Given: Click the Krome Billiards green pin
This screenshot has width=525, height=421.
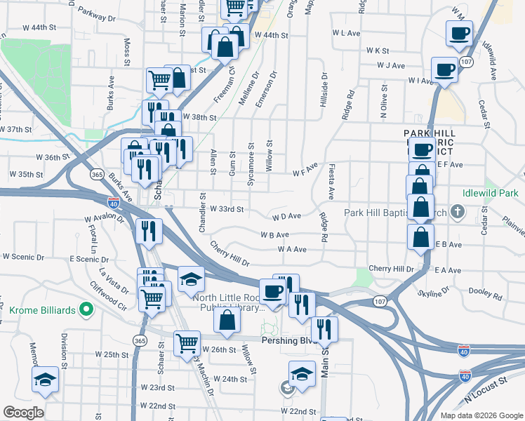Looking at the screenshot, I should pyautogui.click(x=86, y=309).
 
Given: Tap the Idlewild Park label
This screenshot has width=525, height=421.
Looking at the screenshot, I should pyautogui.click(x=491, y=193).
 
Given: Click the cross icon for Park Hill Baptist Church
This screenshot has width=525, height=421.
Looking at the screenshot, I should pyautogui.click(x=458, y=211).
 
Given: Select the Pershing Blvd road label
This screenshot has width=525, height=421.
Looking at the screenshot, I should pyautogui.click(x=286, y=340).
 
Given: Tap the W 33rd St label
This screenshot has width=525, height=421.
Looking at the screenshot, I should pyautogui.click(x=227, y=209).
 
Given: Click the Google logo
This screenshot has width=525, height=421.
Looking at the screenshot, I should pyautogui.click(x=23, y=413).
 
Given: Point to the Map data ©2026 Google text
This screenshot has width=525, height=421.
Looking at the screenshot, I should pyautogui.click(x=481, y=415).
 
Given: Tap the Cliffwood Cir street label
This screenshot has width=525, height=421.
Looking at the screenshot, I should pyautogui.click(x=107, y=296).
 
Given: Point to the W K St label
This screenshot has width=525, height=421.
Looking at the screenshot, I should pyautogui.click(x=378, y=51).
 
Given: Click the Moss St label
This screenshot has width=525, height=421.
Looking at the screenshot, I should pyautogui.click(x=128, y=49).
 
